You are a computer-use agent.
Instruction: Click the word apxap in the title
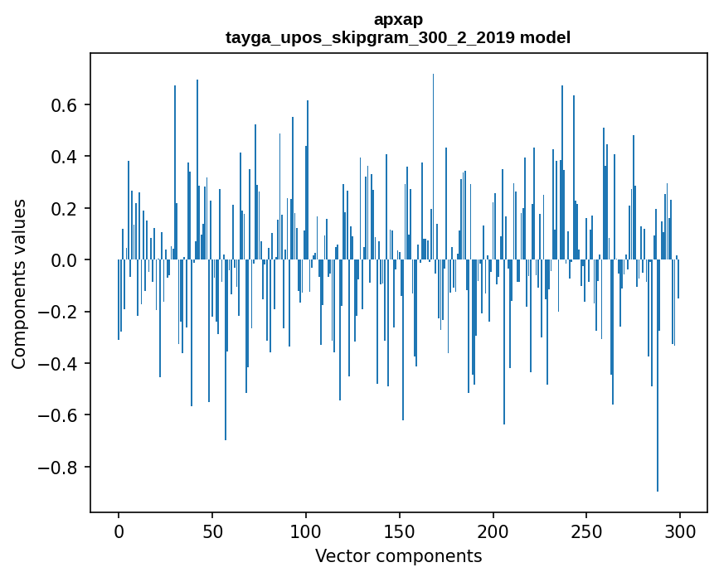click(398, 19)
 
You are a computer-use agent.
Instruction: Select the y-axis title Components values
click(19, 284)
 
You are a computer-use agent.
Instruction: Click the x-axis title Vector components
click(398, 555)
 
